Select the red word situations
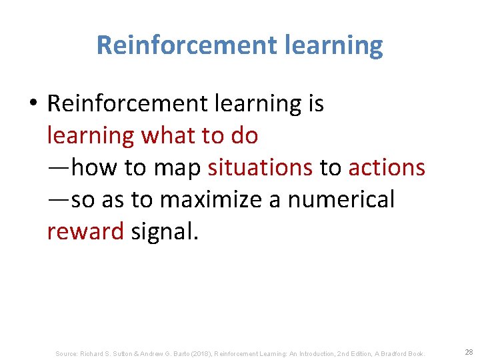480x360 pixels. coord(260,167)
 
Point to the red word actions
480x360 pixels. coord(387,167)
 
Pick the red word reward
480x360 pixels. coord(85,231)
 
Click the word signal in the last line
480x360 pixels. coord(165,231)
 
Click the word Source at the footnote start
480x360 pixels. coord(67,353)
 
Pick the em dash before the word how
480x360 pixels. coord(59,168)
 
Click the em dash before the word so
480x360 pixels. coord(59,200)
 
